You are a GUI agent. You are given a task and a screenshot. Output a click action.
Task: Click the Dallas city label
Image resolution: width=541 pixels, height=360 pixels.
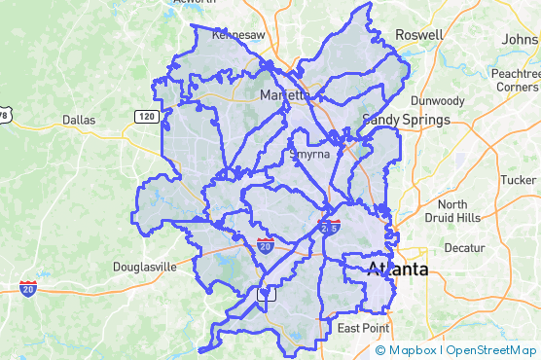[79, 120]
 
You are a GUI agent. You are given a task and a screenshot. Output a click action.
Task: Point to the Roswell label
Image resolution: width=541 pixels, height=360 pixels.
[418, 35]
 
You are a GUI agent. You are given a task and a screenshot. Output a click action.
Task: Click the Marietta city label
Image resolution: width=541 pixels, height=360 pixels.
[285, 95]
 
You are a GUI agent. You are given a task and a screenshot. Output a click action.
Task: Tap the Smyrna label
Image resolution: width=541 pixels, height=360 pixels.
[309, 154]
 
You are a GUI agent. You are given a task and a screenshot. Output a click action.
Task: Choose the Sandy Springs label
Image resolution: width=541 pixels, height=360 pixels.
[406, 120]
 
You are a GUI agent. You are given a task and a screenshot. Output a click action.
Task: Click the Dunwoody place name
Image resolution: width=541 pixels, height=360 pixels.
[439, 100]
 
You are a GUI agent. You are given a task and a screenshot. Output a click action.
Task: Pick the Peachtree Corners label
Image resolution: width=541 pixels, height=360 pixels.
[516, 80]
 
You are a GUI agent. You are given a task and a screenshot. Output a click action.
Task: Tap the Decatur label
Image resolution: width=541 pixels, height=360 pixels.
[464, 248]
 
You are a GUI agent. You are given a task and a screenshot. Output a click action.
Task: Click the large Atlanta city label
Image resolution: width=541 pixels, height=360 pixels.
[397, 269]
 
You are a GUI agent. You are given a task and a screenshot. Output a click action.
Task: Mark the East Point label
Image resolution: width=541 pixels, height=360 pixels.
[364, 328]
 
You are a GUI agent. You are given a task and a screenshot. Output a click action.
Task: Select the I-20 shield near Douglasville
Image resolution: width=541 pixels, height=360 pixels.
[28, 287]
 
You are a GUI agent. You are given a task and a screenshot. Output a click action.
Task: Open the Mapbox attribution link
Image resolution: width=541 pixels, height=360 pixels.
[413, 350]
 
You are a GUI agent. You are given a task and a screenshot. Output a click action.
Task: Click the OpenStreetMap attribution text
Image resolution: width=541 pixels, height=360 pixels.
[491, 350]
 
